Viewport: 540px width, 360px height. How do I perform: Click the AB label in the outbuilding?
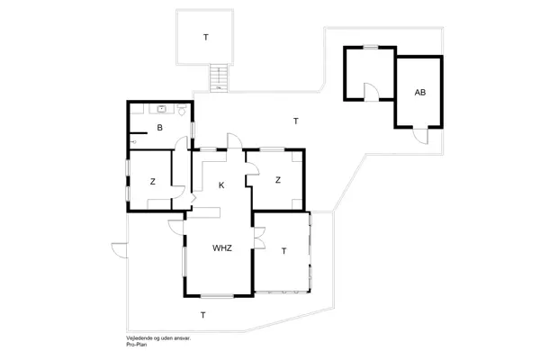click(419, 94)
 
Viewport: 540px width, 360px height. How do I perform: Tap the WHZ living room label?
click(222, 248)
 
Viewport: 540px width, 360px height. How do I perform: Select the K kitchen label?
click(220, 185)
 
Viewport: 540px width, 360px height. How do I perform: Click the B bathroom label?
click(159, 129)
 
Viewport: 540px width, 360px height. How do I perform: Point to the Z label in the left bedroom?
click(152, 182)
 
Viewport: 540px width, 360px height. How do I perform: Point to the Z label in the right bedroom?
click(278, 180)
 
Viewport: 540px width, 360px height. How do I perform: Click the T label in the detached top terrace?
click(205, 38)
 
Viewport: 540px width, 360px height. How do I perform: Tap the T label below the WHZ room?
click(203, 315)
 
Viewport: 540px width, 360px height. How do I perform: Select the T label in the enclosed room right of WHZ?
click(283, 250)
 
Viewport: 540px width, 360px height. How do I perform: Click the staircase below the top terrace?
click(217, 78)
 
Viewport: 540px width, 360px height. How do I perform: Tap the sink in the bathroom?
click(162, 108)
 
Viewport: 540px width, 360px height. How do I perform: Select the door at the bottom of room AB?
click(420, 135)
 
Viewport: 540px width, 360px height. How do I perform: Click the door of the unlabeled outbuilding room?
click(370, 91)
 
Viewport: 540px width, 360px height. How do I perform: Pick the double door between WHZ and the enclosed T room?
click(258, 238)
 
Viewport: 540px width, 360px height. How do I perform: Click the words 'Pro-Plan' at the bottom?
click(139, 345)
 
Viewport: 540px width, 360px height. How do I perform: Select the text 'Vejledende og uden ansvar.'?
click(158, 338)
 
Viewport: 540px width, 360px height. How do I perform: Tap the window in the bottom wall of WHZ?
click(217, 296)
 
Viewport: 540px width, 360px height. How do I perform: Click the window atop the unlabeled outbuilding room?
click(369, 49)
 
